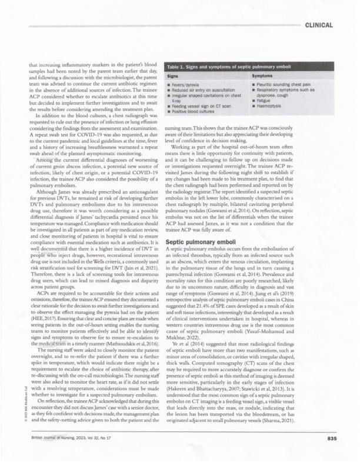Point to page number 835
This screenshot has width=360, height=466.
coord(326,437)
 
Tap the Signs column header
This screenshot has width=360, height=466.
coord(175,76)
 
